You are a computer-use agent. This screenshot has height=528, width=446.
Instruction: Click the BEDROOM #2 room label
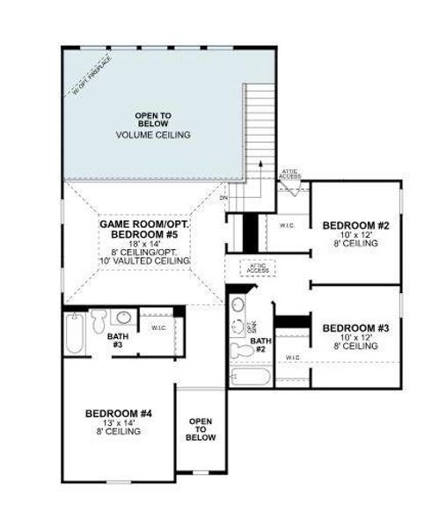click(349, 225)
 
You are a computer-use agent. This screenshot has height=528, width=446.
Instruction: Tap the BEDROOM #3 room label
click(349, 329)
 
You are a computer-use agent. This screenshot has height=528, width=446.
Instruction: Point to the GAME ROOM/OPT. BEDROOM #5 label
click(144, 231)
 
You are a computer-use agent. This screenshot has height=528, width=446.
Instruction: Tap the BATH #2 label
click(260, 345)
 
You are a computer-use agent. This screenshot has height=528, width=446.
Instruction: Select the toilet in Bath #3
click(99, 317)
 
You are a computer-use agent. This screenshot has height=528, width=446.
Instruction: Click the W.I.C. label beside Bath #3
click(159, 327)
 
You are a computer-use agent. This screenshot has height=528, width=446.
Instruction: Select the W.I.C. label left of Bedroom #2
click(286, 225)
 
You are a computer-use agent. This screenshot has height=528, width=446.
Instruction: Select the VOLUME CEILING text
click(152, 135)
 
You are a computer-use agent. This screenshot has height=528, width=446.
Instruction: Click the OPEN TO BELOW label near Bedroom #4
click(201, 429)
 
